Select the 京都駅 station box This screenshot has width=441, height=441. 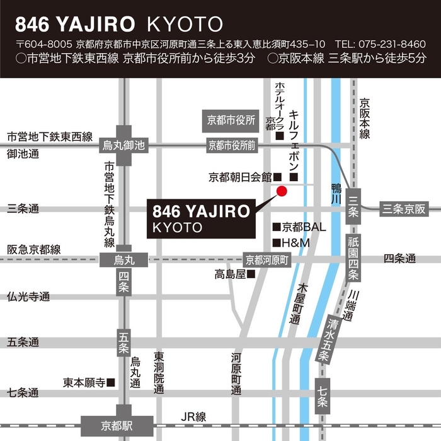pos(117,424)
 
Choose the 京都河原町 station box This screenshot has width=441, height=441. pos(267,259)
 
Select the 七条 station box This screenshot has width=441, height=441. pos(322,393)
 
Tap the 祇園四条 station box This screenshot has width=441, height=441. pos(354,257)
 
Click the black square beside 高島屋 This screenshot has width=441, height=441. pos(251,274)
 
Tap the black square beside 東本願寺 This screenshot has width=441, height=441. pos(111,382)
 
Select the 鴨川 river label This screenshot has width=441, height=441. pos(336,192)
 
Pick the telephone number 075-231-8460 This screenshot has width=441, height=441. pos(389,44)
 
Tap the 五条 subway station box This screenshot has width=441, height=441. pos(123,341)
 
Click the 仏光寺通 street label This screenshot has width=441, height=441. pos(28,297)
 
